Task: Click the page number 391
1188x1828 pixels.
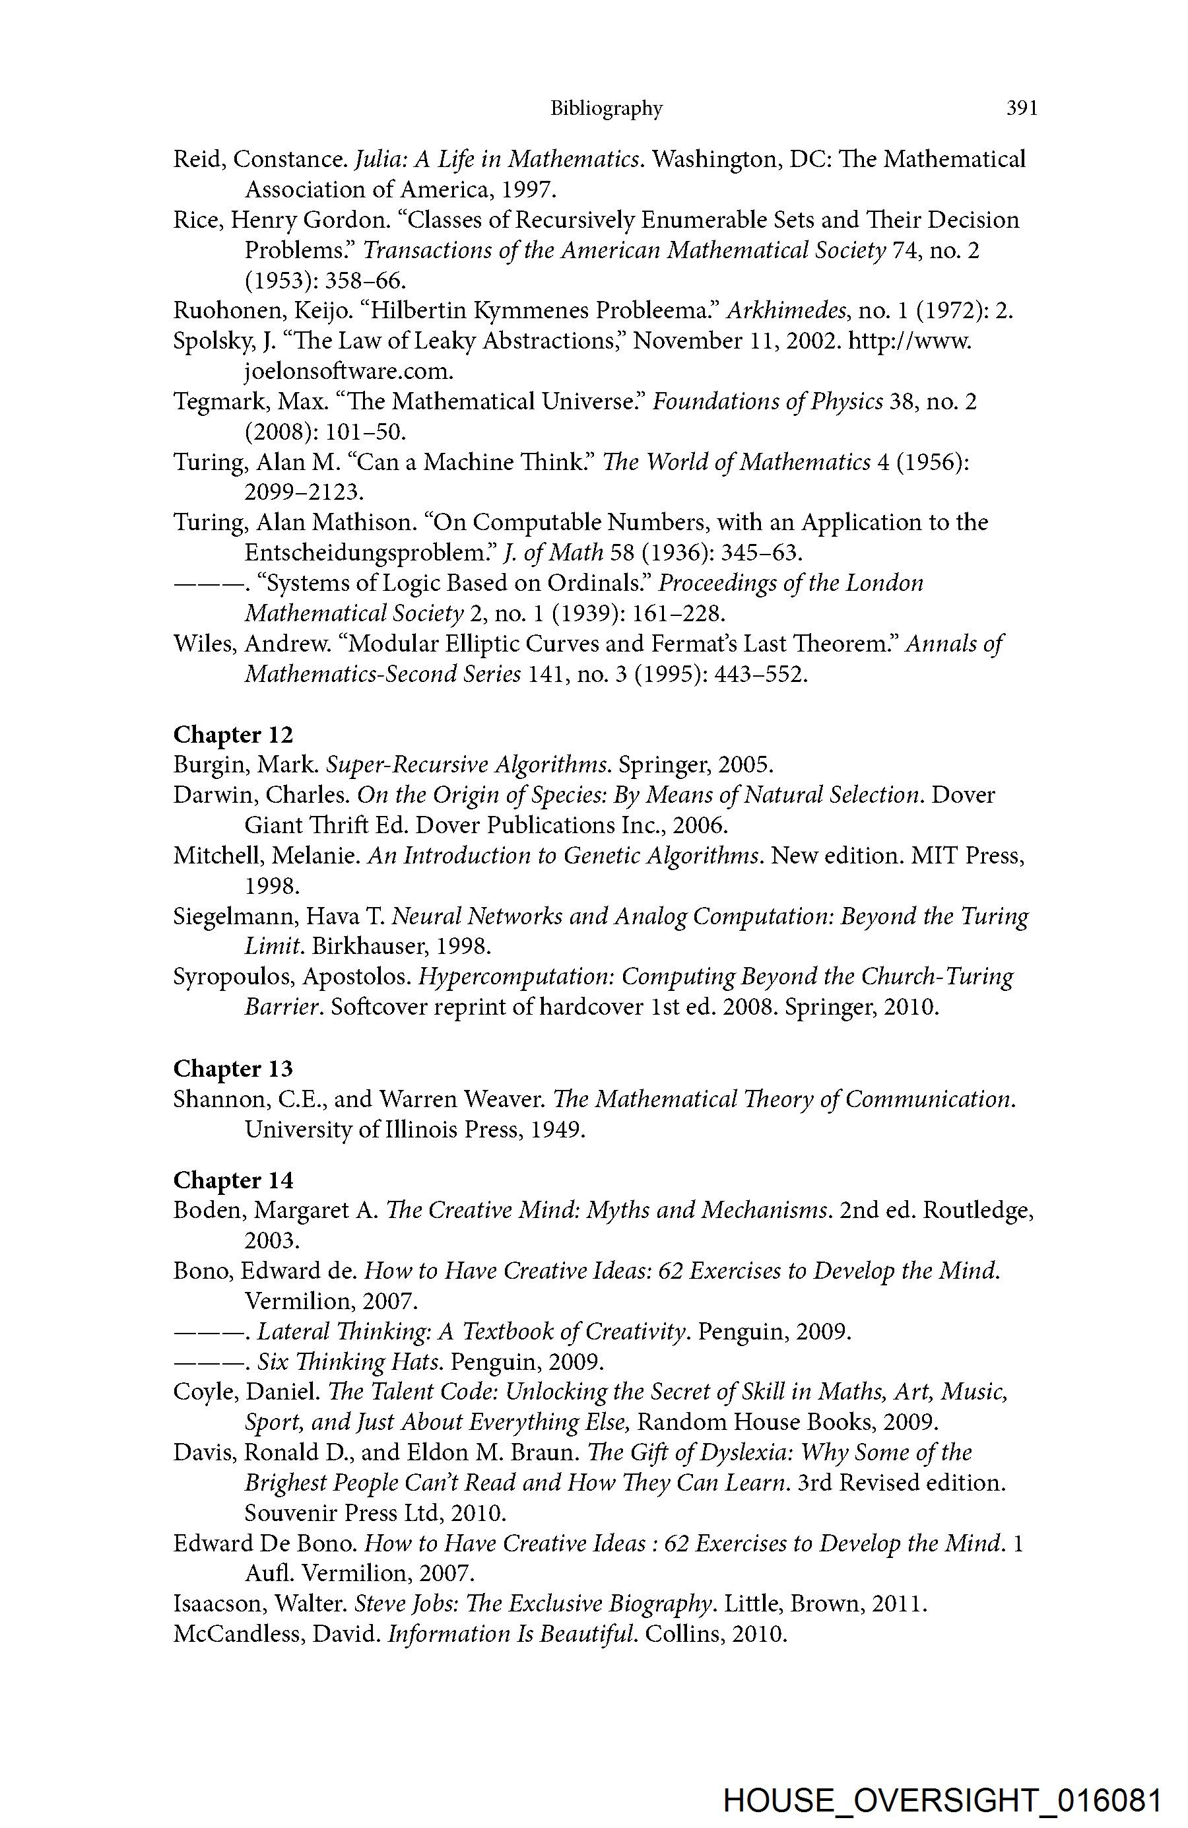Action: click(x=1022, y=108)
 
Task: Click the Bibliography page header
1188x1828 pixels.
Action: click(x=606, y=109)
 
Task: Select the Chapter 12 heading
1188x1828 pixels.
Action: click(x=234, y=735)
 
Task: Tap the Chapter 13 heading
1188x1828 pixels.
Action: click(x=234, y=1069)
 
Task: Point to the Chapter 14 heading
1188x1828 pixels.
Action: click(x=234, y=1180)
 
